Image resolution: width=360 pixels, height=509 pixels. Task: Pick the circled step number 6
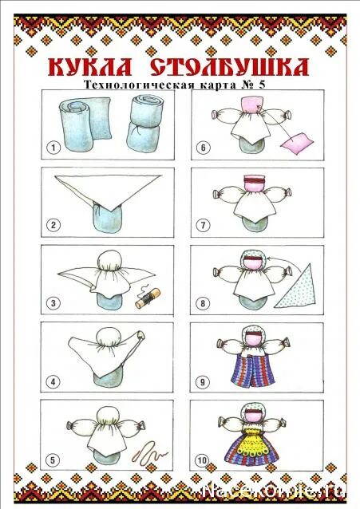coord(204,148)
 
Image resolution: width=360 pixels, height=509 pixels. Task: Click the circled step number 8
coord(204,304)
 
